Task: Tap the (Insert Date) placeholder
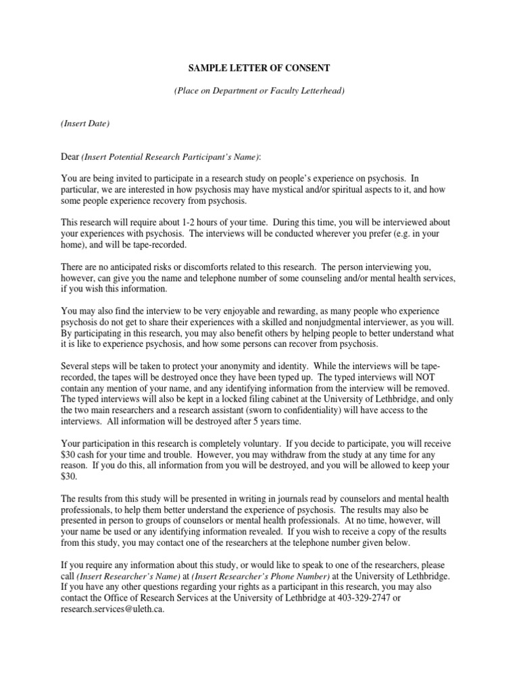[x=85, y=123]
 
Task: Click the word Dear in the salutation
[x=70, y=157]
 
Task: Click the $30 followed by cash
[x=70, y=455]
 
